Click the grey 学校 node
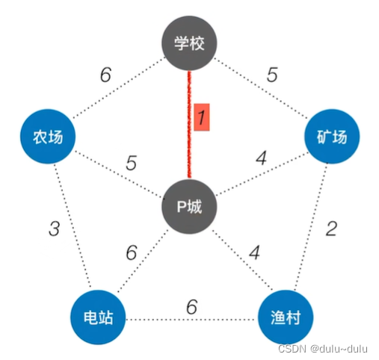coord(189,43)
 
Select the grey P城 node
coord(189,206)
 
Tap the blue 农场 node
coord(48,137)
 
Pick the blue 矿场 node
coord(332,137)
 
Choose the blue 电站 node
coord(98,317)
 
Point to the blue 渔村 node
coord(286,317)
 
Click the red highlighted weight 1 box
coord(202,117)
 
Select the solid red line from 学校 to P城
coord(189,125)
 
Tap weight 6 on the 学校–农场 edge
coord(105,75)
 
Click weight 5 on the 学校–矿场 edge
coord(272,75)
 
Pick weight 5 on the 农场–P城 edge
coord(132,163)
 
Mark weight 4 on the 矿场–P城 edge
coord(262,158)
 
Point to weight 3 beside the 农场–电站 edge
coord(55,229)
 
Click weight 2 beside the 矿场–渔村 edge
coord(331,229)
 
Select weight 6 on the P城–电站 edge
coord(132,252)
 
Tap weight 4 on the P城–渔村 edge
coord(255,252)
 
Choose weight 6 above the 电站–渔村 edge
coord(192,306)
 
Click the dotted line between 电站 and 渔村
coord(191,320)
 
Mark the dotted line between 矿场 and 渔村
coord(311,226)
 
